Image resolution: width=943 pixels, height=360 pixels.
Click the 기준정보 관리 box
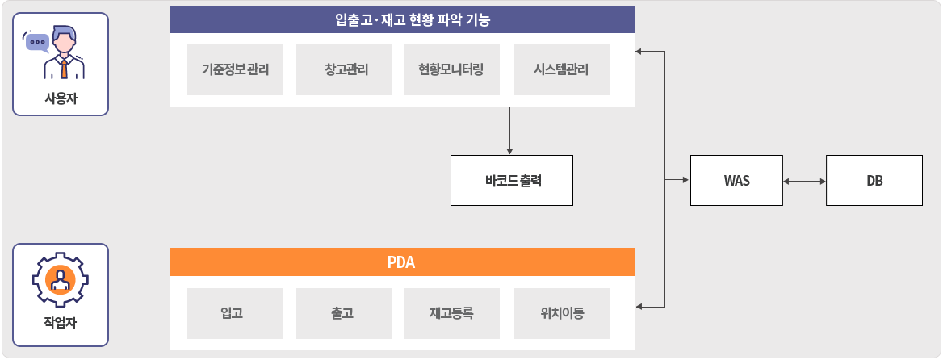pos(235,69)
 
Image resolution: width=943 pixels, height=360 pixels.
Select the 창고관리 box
pos(344,69)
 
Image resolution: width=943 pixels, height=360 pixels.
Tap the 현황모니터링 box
pos(451,69)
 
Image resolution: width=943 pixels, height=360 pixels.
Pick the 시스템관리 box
pos(562,69)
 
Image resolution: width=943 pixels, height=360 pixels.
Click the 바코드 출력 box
pos(512,180)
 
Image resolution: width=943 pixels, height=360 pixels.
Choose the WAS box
pos(736,180)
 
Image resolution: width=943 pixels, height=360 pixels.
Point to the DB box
pos(874,180)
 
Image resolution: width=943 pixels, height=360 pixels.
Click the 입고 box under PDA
pos(235,314)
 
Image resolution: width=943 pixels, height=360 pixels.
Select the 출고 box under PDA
pos(344,314)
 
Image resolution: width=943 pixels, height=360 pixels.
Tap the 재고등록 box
pos(451,314)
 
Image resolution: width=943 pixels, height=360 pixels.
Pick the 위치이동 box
pos(562,314)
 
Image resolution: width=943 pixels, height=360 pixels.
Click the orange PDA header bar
pos(402,262)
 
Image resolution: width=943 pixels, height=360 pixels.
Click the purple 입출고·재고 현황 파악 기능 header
pos(402,20)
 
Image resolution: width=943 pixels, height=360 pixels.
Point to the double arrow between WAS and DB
pos(805,180)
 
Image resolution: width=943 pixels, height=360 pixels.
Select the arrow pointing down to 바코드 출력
pos(510,131)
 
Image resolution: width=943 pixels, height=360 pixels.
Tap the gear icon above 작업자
pos(60,280)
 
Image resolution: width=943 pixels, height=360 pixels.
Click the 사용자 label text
pos(61,97)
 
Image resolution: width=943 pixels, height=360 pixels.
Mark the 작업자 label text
pos(61,324)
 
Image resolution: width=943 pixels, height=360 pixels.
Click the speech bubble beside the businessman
pos(36,42)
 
